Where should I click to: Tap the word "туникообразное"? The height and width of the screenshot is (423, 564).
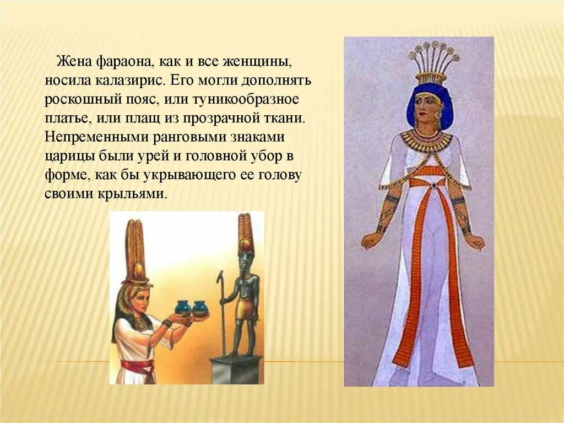pos(257,100)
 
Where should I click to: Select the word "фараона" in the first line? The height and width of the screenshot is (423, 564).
pos(117,59)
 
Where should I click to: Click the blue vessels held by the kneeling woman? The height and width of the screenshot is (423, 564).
pos(191,308)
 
